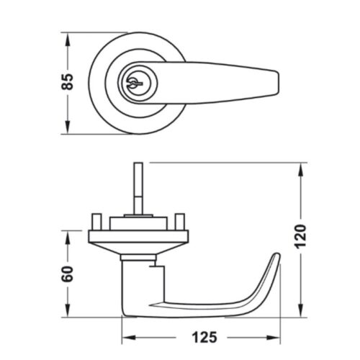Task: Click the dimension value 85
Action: tap(67, 82)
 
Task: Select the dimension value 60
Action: tap(67, 274)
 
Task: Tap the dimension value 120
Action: tap(300, 237)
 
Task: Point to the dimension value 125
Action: tap(204, 338)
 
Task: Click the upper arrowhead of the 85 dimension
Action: tap(68, 40)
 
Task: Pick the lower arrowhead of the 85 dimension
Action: tap(68, 127)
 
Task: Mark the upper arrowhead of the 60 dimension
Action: tap(68, 238)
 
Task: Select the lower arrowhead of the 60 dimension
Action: tap(68, 310)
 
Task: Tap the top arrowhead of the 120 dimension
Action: tap(300, 170)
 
